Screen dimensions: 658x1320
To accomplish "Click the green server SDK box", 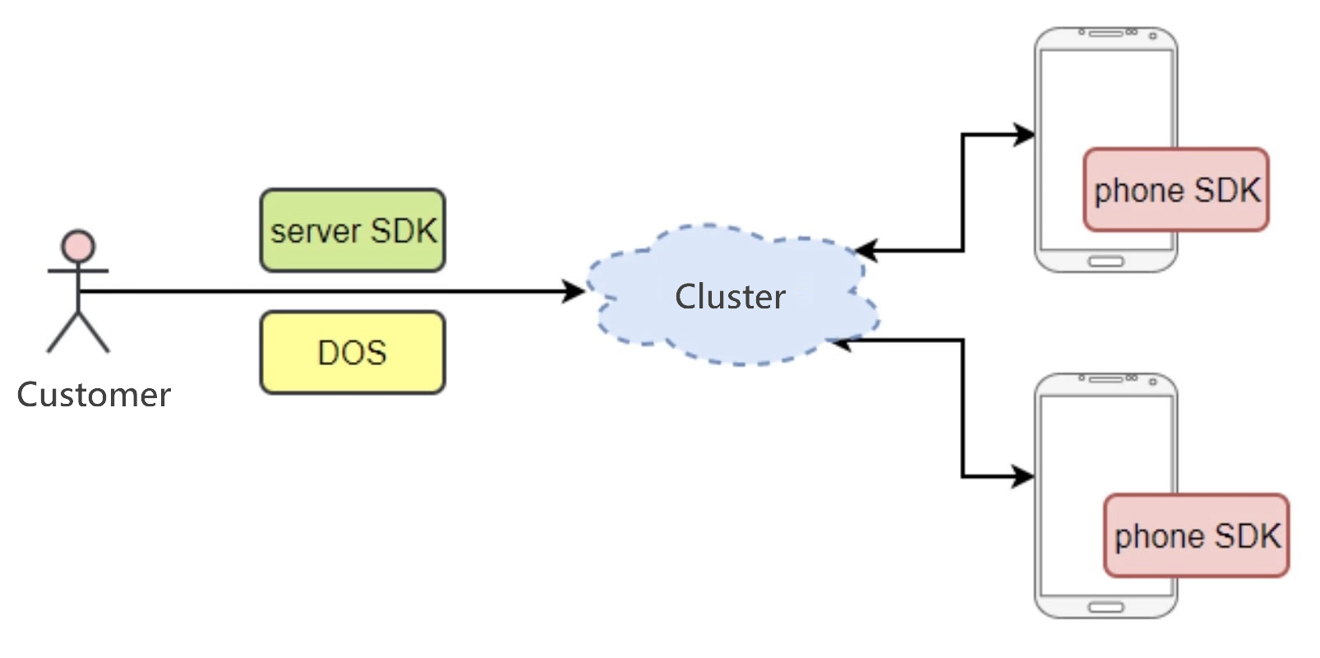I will tap(353, 230).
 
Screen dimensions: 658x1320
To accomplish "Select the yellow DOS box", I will tap(353, 352).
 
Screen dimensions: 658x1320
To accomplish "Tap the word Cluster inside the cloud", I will tap(730, 297).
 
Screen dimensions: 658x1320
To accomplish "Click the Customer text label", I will tap(94, 395).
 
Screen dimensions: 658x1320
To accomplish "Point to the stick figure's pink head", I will tap(78, 246).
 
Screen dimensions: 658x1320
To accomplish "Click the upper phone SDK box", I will tap(1176, 190).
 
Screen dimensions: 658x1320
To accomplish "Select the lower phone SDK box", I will tap(1196, 535).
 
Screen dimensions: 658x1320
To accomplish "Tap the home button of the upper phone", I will tap(1105, 262).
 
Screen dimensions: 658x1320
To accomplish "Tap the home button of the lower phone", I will tap(1105, 607).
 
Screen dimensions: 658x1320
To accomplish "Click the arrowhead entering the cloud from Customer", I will tap(574, 291).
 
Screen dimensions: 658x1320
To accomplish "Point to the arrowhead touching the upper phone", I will tap(1024, 134).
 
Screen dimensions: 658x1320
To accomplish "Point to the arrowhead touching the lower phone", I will tap(1024, 476).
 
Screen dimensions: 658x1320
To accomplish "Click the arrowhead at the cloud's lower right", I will tap(840, 341).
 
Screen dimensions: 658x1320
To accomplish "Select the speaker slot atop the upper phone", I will tap(1105, 34).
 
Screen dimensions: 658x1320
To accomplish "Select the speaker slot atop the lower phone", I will tap(1105, 379).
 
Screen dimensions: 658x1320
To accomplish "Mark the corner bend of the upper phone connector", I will tap(962, 134).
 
